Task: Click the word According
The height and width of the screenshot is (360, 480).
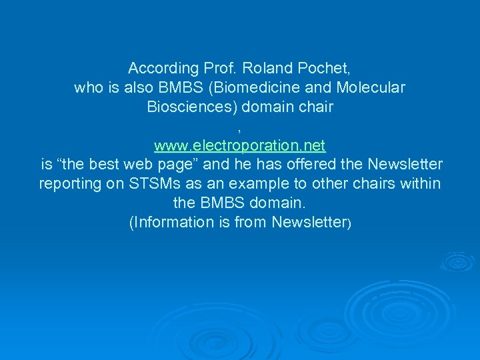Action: click(163, 68)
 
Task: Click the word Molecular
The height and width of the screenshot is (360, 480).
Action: click(371, 87)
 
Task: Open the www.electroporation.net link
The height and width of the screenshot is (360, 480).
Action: click(239, 145)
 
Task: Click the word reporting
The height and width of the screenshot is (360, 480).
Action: click(70, 184)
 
